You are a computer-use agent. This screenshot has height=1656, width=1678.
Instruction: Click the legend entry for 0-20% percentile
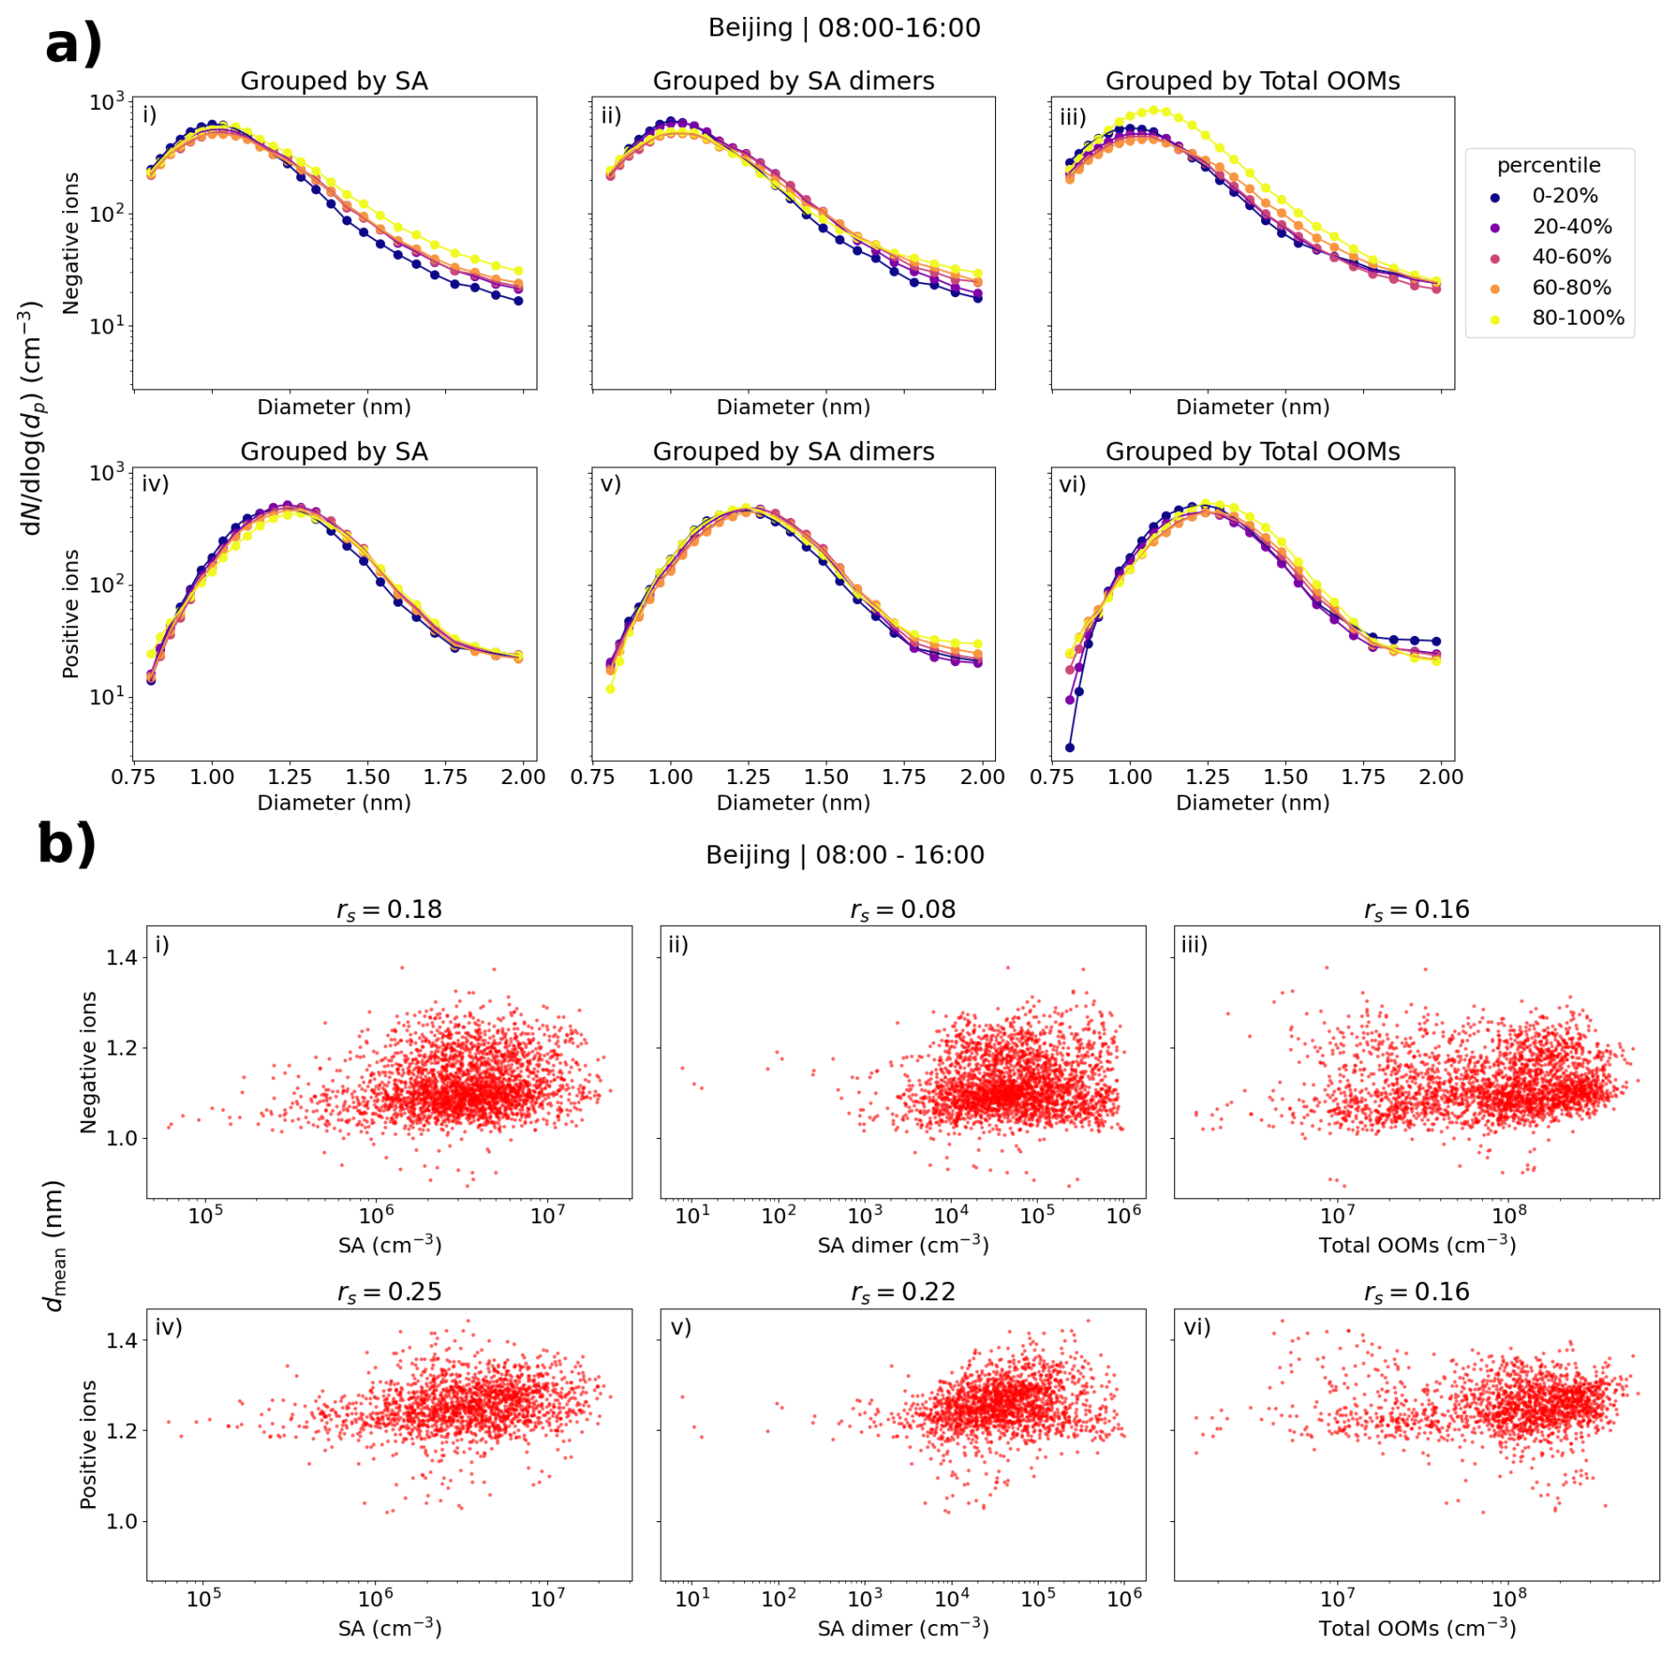[x=1564, y=196]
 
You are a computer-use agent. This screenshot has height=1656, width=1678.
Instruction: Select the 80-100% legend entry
[x=1578, y=318]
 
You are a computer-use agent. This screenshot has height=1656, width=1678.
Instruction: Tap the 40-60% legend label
[x=1572, y=257]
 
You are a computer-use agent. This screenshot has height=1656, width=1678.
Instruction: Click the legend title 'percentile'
[x=1549, y=166]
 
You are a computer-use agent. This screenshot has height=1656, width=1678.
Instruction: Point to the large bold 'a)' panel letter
[x=74, y=44]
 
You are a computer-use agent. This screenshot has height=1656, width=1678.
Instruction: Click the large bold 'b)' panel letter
[x=67, y=844]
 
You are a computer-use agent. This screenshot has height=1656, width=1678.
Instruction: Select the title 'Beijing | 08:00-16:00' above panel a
[x=843, y=28]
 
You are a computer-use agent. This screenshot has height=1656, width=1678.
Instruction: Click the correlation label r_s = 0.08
[x=903, y=910]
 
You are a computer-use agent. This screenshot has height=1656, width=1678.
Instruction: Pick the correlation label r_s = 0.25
[x=389, y=1292]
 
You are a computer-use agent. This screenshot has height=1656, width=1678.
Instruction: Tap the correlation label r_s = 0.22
[x=903, y=1292]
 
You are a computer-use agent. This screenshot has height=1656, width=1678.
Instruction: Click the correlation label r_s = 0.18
[x=389, y=910]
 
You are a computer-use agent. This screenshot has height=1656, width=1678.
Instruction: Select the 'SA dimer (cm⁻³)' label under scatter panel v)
[x=903, y=1629]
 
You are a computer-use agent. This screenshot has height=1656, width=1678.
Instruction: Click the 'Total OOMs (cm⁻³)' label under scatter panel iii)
[x=1416, y=1246]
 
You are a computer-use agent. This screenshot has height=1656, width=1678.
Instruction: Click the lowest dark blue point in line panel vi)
[x=1070, y=748]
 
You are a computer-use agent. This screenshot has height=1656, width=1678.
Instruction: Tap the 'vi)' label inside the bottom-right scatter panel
[x=1196, y=1327]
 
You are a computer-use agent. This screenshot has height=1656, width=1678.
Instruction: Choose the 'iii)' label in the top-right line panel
[x=1073, y=117]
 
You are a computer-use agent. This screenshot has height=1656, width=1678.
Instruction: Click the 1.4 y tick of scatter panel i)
[x=122, y=958]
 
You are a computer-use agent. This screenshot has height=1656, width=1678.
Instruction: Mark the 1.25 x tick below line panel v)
[x=748, y=778]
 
